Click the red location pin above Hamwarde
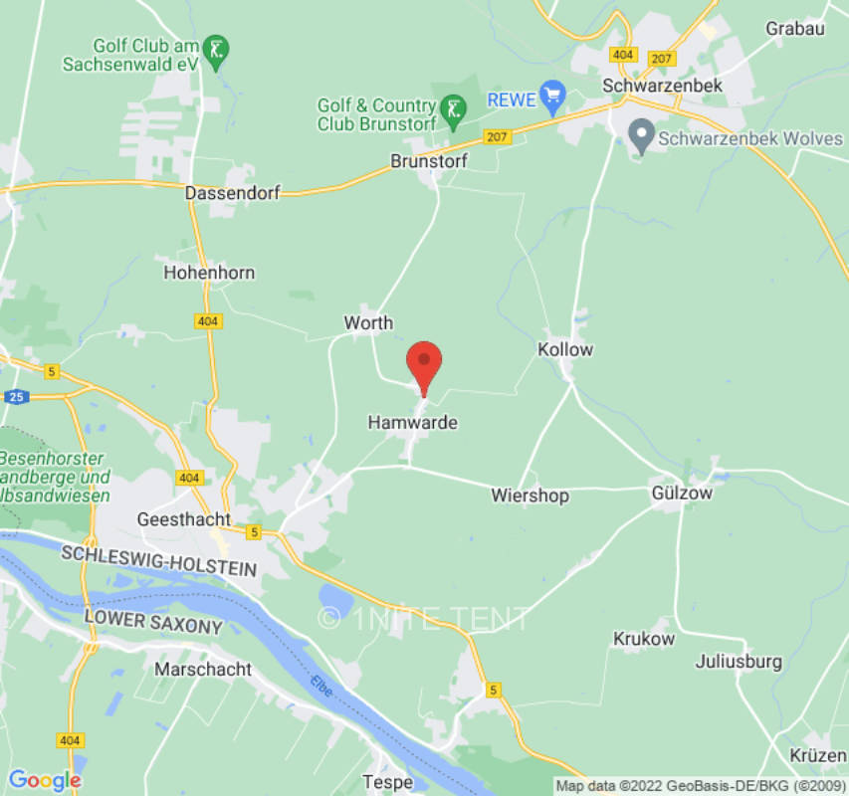click(425, 364)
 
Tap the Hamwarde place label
click(413, 423)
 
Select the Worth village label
click(368, 322)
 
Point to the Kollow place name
click(565, 349)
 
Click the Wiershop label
click(530, 496)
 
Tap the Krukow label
click(644, 639)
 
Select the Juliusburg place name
click(739, 661)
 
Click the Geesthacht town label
click(183, 519)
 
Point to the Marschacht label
click(203, 670)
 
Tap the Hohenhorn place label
click(209, 273)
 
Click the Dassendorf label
click(233, 193)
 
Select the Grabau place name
click(795, 28)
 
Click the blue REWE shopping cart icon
click(553, 98)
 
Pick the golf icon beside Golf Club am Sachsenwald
click(216, 48)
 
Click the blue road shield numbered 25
click(17, 397)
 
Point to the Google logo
click(44, 780)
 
